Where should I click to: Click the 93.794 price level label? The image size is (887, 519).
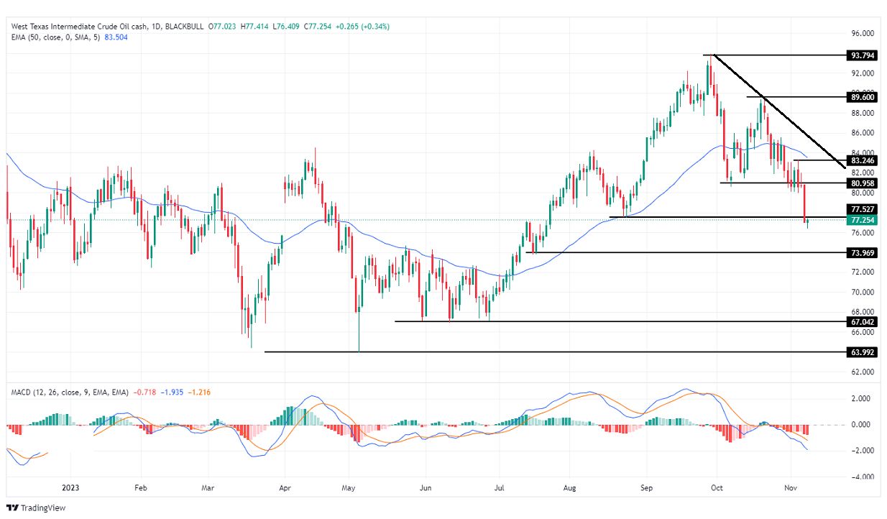coord(862,55)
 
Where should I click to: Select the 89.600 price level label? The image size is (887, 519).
coord(862,96)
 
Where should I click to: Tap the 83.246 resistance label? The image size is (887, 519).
coord(862,160)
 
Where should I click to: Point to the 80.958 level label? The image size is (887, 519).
coord(862,183)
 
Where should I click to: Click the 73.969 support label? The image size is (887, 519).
coord(862,253)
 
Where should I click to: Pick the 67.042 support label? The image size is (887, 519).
coord(862,322)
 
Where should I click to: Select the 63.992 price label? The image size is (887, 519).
coord(862,352)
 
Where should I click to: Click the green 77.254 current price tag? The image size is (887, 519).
coord(862,220)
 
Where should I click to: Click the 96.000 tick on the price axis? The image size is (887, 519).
coord(862,33)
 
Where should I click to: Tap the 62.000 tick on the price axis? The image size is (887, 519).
coord(862,372)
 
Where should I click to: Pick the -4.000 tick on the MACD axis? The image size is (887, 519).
coord(861,477)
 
